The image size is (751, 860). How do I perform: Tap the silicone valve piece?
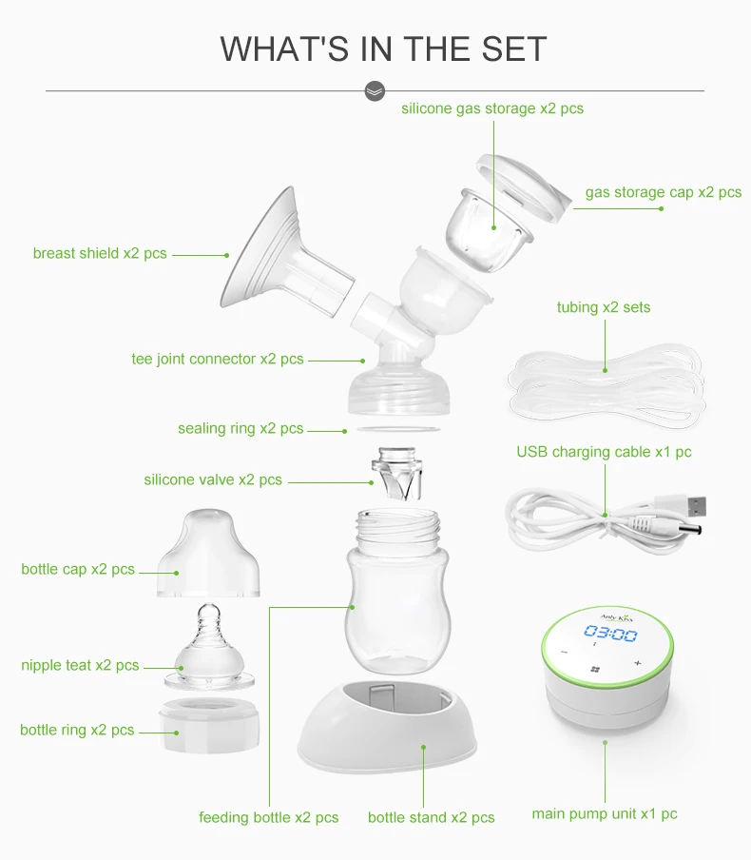pyautogui.click(x=397, y=473)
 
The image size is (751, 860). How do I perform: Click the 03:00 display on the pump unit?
pyautogui.click(x=610, y=634)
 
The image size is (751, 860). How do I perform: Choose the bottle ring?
pyautogui.click(x=209, y=723)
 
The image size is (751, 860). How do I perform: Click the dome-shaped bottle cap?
pyautogui.click(x=208, y=553)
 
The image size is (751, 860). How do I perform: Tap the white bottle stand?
pyautogui.click(x=387, y=726)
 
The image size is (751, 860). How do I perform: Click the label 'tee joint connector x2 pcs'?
pyautogui.click(x=218, y=359)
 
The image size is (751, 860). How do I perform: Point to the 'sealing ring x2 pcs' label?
pyautogui.click(x=241, y=428)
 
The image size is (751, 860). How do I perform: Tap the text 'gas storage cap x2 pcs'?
pyautogui.click(x=664, y=192)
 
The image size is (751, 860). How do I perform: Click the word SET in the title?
pyautogui.click(x=514, y=49)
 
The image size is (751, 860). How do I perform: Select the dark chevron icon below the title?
pyautogui.click(x=375, y=91)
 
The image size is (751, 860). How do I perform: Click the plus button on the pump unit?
pyautogui.click(x=638, y=663)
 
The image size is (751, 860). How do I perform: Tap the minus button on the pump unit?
pyautogui.click(x=565, y=652)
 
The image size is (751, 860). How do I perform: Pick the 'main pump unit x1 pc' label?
pyautogui.click(x=605, y=813)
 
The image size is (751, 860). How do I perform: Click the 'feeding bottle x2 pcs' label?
pyautogui.click(x=269, y=817)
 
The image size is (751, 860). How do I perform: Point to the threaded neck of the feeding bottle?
pyautogui.click(x=398, y=526)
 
